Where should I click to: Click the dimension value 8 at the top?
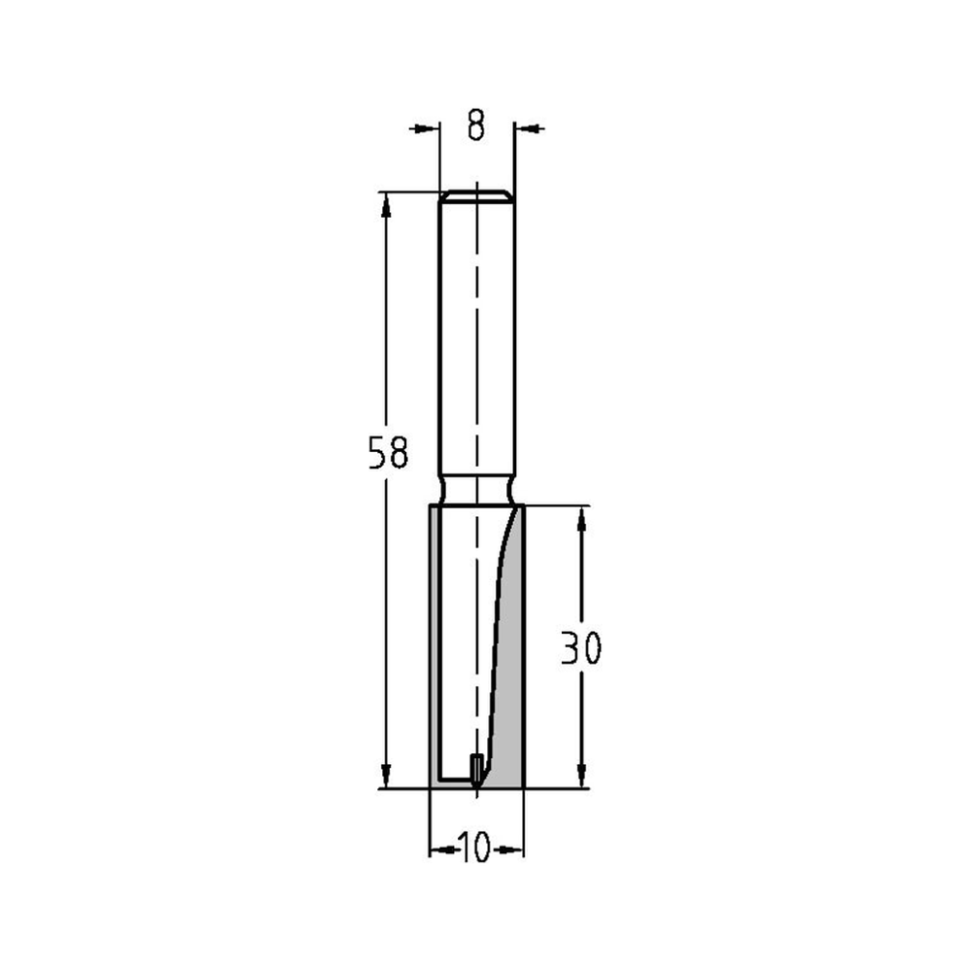tap(475, 127)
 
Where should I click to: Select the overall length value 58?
tap(387, 454)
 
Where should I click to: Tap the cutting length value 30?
tap(581, 648)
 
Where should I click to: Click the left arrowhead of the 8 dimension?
tap(422, 127)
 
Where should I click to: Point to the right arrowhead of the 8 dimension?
tap(530, 127)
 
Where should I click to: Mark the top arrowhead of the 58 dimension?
tap(387, 203)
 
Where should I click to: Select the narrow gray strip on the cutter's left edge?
tap(434, 646)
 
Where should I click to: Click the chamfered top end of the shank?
tap(476, 195)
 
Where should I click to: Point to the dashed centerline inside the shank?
tap(477, 340)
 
